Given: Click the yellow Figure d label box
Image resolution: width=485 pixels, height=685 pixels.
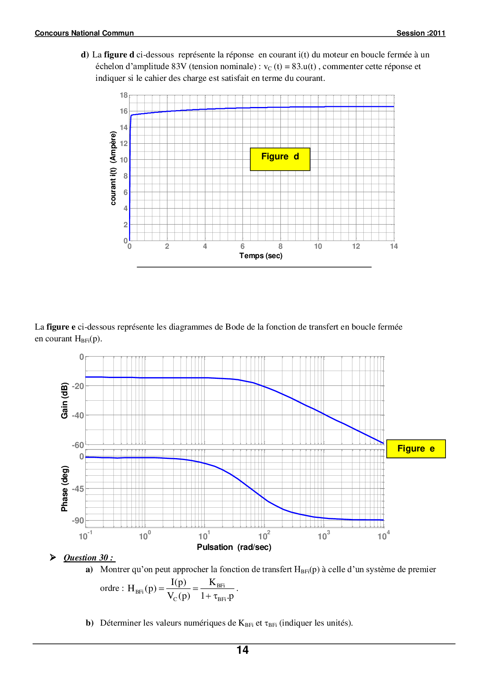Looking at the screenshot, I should point(280,159).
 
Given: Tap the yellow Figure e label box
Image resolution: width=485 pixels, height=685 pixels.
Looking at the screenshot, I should point(416,449).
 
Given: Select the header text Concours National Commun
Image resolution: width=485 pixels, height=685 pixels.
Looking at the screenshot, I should point(84,33).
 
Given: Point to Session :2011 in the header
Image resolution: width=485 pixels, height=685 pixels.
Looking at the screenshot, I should point(421,33).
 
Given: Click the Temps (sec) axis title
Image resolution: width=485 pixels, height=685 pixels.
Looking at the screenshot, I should point(261,256).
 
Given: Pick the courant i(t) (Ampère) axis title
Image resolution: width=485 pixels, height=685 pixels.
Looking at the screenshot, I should point(113,168).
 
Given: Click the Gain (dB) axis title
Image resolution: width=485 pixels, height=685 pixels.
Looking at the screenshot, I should point(65,400).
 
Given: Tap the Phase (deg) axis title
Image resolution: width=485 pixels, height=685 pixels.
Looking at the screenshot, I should point(65,488).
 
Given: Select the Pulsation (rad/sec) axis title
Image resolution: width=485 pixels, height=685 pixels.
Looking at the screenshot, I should point(234,547).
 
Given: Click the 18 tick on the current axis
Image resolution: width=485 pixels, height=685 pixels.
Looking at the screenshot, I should point(124,95).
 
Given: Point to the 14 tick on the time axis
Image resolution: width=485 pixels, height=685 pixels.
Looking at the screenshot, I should point(394,246).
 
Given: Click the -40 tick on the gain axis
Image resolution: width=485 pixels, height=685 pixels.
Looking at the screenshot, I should point(78,416).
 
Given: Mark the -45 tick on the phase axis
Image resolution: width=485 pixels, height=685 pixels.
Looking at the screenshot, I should point(78,489).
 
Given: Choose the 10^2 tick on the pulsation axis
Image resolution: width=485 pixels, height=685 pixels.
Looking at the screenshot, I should point(264,536).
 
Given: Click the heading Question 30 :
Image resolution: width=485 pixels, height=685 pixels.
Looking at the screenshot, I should point(89,558).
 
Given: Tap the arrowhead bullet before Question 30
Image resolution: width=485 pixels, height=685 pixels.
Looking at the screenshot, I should point(53,557).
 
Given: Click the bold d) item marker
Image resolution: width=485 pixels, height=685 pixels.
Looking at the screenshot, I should point(85,55).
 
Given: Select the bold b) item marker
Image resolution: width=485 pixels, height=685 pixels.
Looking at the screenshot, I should point(90,623).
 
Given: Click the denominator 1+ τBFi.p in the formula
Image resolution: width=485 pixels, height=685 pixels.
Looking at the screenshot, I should point(217,596).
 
